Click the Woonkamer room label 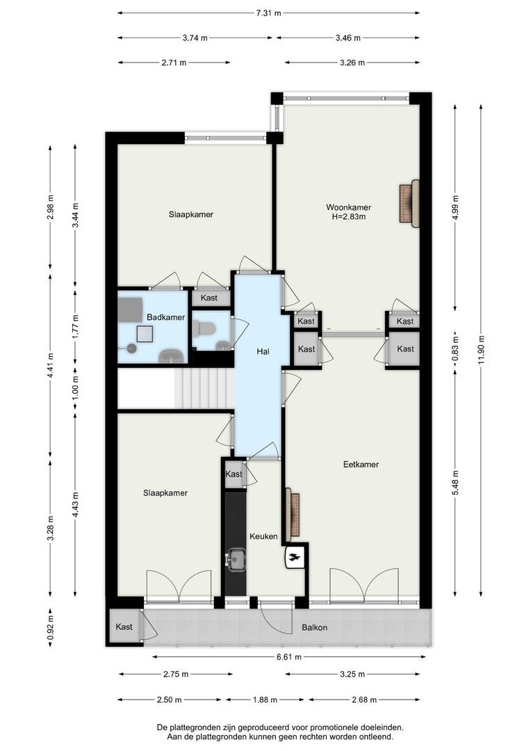[349, 207]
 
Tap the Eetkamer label [361, 464]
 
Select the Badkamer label [165, 317]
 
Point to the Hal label [263, 352]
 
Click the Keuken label [263, 536]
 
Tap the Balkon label [315, 627]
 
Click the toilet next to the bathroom [204, 328]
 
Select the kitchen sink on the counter [236, 559]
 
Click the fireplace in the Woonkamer [410, 204]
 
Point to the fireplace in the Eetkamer [293, 512]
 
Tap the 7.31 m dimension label [268, 13]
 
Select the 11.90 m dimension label [481, 350]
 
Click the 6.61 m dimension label [288, 657]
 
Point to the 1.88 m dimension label [265, 700]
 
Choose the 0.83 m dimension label [455, 345]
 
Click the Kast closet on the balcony [124, 627]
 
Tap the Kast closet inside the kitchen [234, 474]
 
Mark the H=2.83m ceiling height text [349, 217]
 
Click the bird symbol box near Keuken [295, 556]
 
